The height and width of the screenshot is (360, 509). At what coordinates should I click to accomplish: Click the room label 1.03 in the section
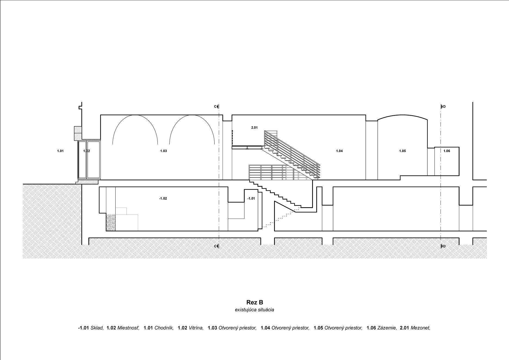click(x=163, y=151)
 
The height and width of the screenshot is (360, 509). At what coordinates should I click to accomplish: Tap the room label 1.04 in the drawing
click(x=339, y=151)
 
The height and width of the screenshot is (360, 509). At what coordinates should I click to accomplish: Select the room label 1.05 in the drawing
click(x=402, y=151)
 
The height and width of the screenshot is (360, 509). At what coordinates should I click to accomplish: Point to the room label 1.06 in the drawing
click(x=447, y=151)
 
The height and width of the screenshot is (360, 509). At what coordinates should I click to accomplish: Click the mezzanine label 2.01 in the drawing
click(x=254, y=128)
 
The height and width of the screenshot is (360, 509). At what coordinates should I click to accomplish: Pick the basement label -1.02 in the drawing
click(x=163, y=198)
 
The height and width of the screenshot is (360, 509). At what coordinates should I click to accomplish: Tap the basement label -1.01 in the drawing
click(x=251, y=198)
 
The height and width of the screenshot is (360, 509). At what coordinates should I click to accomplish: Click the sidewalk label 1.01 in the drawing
click(x=60, y=151)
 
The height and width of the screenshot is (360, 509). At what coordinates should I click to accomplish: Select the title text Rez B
click(x=255, y=302)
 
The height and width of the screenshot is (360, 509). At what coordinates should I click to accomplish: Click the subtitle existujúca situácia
click(x=254, y=310)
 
